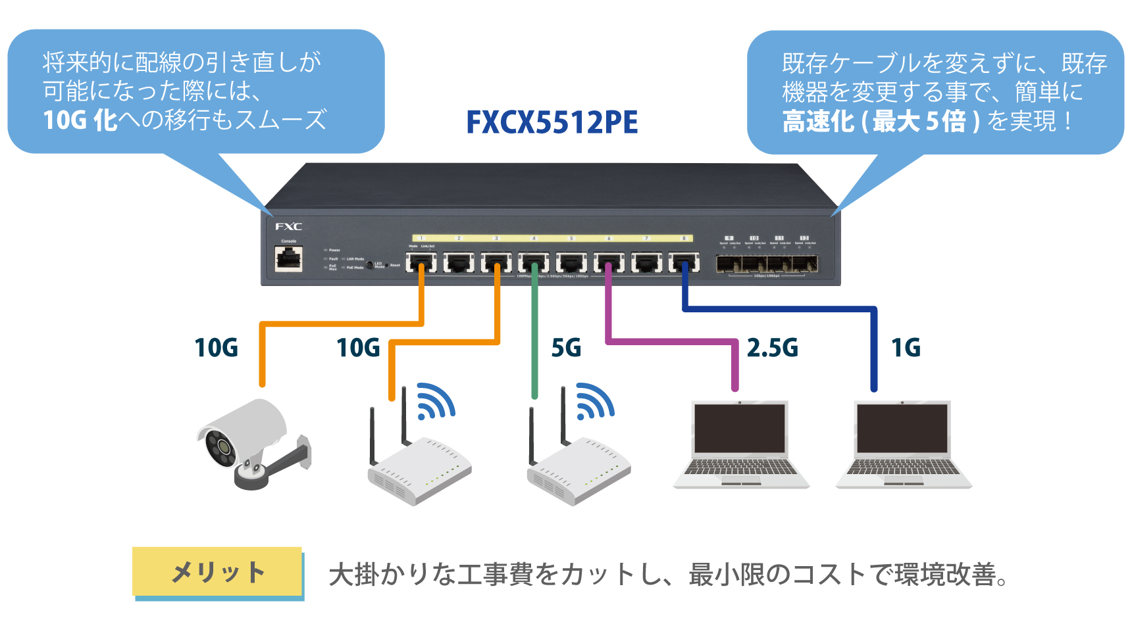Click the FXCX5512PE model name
tap(552, 122)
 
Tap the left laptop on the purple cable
tap(740, 444)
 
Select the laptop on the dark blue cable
tap(903, 444)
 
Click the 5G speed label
tap(566, 348)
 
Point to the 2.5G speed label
tap(772, 348)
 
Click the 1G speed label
tap(906, 348)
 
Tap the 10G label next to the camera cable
tap(216, 348)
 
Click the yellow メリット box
tap(218, 572)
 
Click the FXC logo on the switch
tap(288, 227)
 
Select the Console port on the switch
tap(288, 259)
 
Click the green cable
tap(534, 342)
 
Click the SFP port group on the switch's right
tap(767, 264)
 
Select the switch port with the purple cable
tap(609, 262)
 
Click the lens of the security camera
tap(224, 447)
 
